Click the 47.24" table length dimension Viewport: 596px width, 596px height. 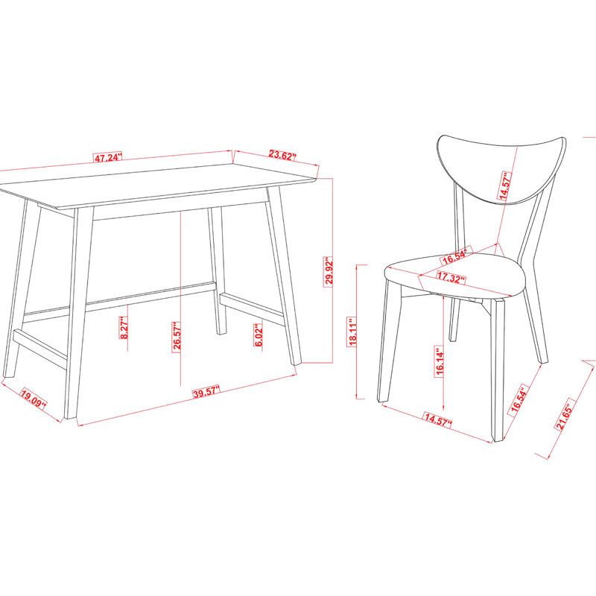pyautogui.click(x=108, y=157)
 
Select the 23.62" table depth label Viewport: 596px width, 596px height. pyautogui.click(x=282, y=155)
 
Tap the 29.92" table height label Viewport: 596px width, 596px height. pyautogui.click(x=329, y=271)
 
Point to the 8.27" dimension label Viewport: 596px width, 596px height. pyautogui.click(x=124, y=328)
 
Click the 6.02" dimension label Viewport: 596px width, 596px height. pyautogui.click(x=259, y=335)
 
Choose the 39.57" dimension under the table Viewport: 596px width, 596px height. pyautogui.click(x=206, y=392)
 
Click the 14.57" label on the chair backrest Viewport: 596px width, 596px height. pyautogui.click(x=505, y=186)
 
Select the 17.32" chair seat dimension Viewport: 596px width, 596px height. pyautogui.click(x=451, y=277)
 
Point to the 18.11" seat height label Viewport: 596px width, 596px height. pyautogui.click(x=352, y=332)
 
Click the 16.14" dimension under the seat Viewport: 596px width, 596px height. pyautogui.click(x=440, y=361)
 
